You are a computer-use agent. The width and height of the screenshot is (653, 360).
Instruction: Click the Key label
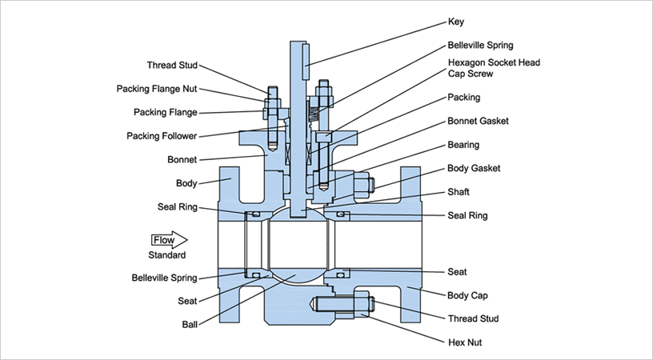(455, 22)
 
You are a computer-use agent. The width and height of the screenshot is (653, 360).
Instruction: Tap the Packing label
(464, 98)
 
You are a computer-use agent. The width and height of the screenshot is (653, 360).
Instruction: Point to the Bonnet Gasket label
(479, 122)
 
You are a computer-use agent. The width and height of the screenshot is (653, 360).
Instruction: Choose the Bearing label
(464, 145)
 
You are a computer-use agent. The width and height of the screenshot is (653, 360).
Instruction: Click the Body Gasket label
(475, 169)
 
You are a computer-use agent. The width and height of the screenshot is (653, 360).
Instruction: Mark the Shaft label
(459, 192)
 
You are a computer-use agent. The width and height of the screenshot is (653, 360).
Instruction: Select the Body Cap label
(468, 295)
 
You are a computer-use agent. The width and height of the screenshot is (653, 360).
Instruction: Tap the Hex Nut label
(465, 342)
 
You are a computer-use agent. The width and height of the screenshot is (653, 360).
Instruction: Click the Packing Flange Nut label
(157, 89)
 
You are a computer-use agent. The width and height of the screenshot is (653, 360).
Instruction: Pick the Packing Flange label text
(165, 112)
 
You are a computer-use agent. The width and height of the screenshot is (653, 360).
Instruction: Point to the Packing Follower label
(162, 136)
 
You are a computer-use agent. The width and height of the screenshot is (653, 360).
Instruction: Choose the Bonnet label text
(182, 160)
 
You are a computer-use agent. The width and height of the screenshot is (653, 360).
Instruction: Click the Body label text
(186, 183)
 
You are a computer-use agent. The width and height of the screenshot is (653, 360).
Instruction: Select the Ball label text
(190, 325)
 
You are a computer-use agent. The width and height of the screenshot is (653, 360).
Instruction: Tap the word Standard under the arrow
(167, 255)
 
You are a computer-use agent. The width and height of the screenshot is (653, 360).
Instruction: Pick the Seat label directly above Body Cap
(458, 272)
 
